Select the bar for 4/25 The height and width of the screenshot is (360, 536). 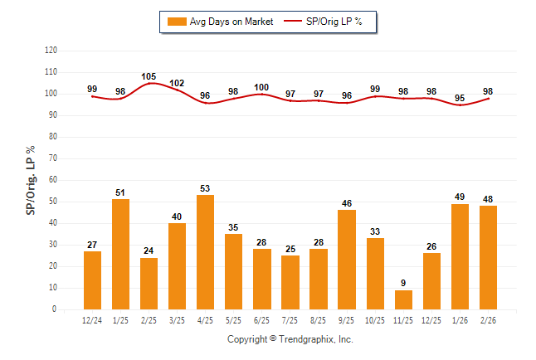tap(205, 252)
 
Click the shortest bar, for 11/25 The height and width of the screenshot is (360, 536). tap(402, 299)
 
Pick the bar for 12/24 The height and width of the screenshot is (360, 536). tap(92, 280)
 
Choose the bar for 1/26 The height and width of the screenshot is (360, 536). tap(460, 256)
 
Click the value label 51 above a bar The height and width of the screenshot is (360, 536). tap(120, 192)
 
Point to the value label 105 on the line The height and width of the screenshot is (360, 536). tap(149, 76)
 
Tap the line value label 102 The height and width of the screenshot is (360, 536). tap(177, 83)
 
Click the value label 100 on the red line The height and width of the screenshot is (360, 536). tap(261, 87)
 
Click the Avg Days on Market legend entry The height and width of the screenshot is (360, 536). tap(219, 21)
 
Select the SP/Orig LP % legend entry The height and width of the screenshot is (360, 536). tap(324, 21)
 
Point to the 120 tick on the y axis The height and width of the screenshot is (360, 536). tap(51, 51)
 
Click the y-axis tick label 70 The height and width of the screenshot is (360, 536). tap(53, 158)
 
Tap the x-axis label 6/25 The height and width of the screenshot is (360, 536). tap(261, 320)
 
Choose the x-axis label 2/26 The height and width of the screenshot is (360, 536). tap(488, 320)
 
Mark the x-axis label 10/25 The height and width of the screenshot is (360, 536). tap(374, 320)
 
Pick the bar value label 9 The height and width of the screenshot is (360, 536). tap(402, 283)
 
